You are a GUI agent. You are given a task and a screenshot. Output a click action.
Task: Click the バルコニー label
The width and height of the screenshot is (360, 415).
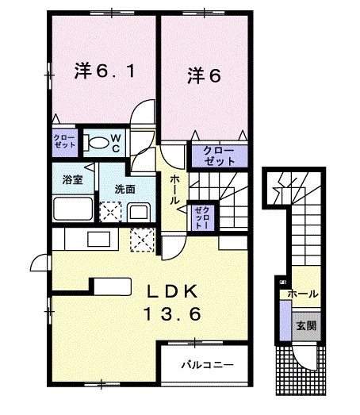[206, 367]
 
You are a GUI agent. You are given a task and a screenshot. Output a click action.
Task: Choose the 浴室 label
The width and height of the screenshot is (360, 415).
[73, 179]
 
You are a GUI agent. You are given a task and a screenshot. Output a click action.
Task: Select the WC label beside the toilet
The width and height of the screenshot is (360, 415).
[115, 143]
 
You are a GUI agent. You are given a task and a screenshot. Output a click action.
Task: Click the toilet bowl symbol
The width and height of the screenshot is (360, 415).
[97, 144]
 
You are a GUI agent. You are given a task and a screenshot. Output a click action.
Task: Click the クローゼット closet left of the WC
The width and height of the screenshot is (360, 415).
[64, 143]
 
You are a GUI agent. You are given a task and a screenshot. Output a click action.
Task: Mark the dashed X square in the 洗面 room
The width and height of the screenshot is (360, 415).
[109, 211]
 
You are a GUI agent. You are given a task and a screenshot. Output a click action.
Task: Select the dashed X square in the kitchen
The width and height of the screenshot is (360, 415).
[142, 237]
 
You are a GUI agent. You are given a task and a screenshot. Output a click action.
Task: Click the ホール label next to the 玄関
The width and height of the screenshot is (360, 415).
[303, 294]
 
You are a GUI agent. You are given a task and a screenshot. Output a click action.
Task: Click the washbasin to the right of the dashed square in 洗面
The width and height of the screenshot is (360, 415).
[136, 211]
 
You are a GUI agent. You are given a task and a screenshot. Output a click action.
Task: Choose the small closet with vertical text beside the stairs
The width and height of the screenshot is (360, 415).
[201, 217]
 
